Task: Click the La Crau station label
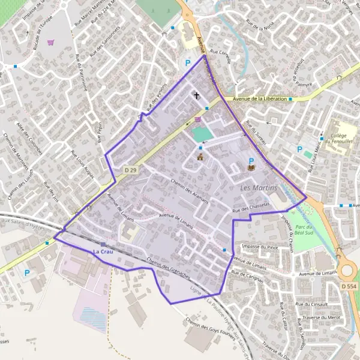click(x=103, y=251)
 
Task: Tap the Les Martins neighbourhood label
click(x=259, y=188)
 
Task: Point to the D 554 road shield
click(x=348, y=287)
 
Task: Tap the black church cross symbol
click(x=196, y=95)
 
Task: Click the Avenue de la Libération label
click(x=259, y=98)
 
